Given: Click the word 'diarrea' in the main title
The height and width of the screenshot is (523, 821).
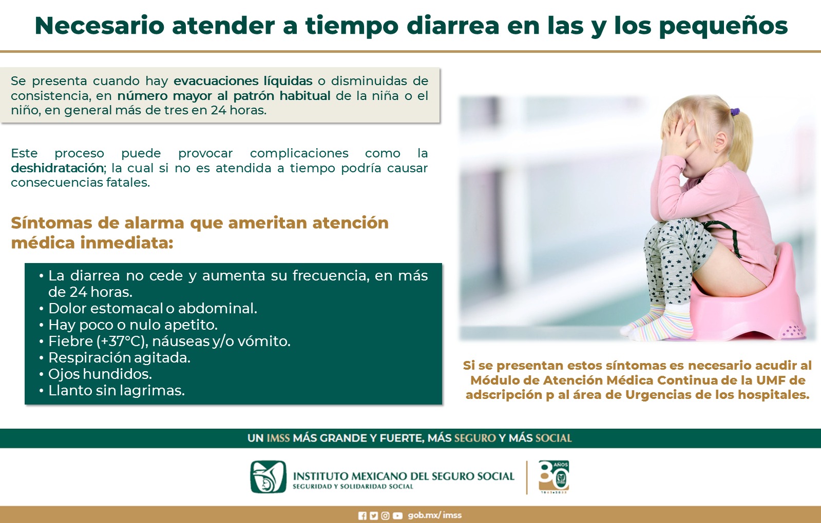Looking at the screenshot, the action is [x=453, y=25].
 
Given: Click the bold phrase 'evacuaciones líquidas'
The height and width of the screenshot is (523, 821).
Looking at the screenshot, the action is [x=243, y=81].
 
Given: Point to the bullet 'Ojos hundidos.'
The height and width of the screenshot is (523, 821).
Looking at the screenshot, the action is [x=100, y=374].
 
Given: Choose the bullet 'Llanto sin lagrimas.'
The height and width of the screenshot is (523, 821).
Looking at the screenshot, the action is [x=117, y=391].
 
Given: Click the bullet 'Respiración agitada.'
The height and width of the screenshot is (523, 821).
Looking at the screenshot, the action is [x=120, y=358].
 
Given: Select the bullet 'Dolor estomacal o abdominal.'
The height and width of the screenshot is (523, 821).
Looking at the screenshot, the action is [x=153, y=309].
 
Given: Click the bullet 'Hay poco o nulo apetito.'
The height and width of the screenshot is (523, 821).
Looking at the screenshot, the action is [x=133, y=325].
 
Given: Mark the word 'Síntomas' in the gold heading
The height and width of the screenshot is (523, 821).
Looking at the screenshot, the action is [x=52, y=223].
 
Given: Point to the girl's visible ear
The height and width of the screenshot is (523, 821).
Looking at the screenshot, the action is [x=720, y=143].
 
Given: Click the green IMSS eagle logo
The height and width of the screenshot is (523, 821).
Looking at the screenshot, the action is [x=269, y=477].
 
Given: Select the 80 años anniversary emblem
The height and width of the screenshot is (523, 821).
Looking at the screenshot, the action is [x=554, y=476].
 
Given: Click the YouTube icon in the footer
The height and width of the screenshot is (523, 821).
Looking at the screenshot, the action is [x=397, y=516].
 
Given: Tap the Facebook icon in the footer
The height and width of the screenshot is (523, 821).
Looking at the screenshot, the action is [x=362, y=516].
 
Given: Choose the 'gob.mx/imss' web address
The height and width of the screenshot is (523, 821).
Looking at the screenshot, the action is [x=435, y=515].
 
